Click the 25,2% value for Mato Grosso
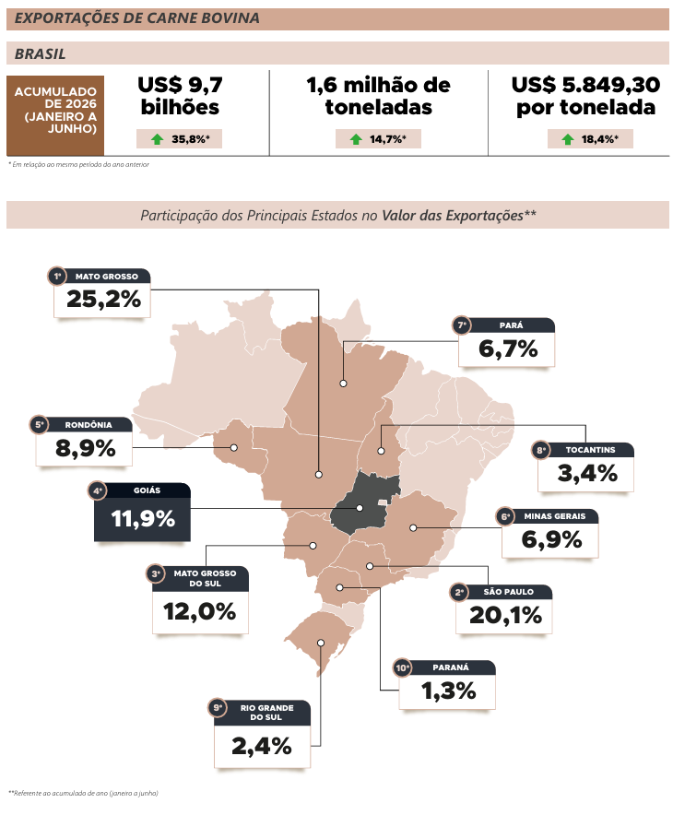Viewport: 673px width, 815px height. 103,299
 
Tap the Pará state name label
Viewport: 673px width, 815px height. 512,325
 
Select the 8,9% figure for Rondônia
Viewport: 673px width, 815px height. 85,448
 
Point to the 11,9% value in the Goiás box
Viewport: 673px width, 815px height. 143,519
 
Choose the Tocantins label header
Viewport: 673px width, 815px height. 590,450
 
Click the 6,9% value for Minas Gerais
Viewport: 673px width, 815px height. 551,539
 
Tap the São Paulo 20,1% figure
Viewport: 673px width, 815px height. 505,616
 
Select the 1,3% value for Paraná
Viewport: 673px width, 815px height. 448,691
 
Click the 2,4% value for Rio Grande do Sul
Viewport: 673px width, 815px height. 262,747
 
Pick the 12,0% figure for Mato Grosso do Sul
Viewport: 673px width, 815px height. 199,612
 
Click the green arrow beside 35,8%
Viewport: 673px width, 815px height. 157,139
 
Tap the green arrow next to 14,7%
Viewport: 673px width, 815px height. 356,139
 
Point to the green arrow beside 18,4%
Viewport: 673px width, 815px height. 568,139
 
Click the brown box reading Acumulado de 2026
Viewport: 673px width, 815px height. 55,115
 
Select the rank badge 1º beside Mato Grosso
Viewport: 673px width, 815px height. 58,276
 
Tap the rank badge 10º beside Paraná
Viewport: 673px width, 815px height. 403,667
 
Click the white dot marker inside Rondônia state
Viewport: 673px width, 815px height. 234,447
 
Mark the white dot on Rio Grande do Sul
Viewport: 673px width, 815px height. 321,643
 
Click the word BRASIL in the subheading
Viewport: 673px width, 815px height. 40,54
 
